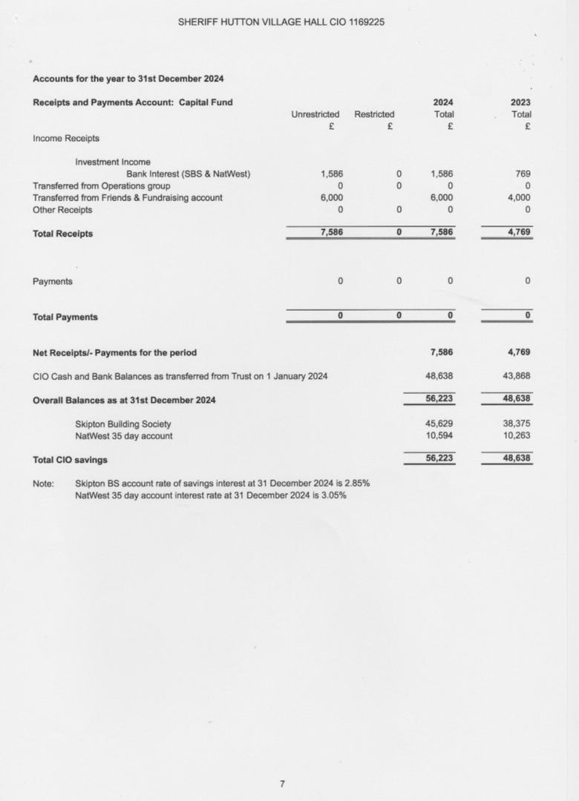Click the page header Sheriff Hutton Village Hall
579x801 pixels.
(x=281, y=22)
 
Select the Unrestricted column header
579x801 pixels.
(x=315, y=114)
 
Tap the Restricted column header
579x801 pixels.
(x=374, y=114)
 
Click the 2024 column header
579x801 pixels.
(x=443, y=102)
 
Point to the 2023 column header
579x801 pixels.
(x=520, y=102)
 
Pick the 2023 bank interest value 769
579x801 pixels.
(x=523, y=174)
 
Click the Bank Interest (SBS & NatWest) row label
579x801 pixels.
(x=188, y=174)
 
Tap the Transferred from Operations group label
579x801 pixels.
(x=101, y=186)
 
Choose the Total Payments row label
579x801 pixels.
(x=65, y=317)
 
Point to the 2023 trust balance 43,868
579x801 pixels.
(x=516, y=376)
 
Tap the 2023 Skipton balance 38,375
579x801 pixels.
(x=516, y=424)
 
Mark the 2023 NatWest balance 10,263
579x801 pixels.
(x=516, y=436)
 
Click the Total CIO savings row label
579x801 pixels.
(x=70, y=461)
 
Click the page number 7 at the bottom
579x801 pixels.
(x=282, y=783)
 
